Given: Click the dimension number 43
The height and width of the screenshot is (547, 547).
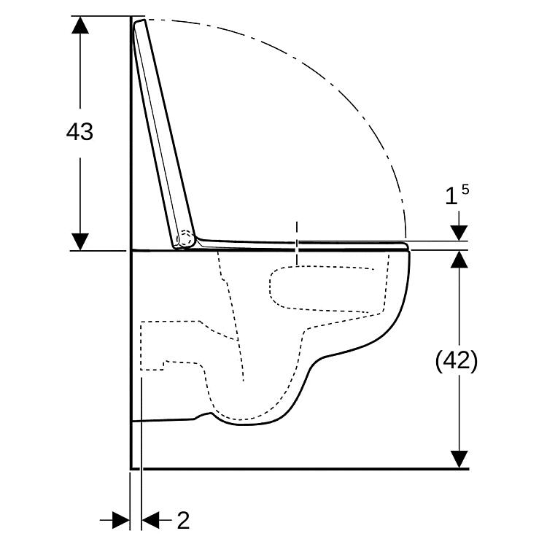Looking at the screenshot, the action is (x=80, y=132).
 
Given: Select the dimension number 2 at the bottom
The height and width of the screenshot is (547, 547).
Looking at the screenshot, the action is (x=183, y=521).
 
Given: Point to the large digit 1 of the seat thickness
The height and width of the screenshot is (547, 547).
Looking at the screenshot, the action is (x=451, y=196).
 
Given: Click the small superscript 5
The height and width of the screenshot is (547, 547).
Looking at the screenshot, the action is (x=465, y=190).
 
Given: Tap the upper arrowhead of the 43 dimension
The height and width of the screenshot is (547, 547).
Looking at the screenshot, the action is (x=80, y=25).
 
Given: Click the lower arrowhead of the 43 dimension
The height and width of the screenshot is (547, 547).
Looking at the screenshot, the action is (x=80, y=241).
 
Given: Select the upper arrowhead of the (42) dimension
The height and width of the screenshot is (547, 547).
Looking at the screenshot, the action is (x=459, y=260).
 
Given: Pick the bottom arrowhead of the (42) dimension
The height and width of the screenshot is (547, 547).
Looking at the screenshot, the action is (x=459, y=459).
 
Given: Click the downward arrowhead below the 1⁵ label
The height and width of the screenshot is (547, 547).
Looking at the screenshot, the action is (x=459, y=233).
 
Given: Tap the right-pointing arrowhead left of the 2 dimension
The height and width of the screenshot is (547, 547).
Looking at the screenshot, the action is (x=120, y=521).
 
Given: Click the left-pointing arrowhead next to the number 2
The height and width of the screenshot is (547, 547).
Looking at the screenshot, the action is (x=150, y=521).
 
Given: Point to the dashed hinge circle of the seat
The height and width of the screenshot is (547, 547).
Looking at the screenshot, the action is (x=185, y=239).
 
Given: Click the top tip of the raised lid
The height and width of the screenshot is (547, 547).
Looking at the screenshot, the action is (x=139, y=21).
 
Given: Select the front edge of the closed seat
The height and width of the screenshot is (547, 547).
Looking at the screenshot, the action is (x=406, y=246).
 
